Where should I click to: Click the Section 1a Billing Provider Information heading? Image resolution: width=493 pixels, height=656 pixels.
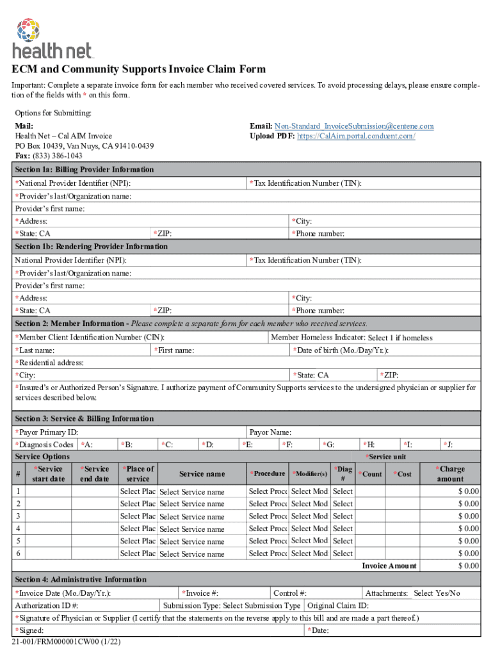(x=85, y=170)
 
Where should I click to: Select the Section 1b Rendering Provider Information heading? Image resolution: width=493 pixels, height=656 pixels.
(x=92, y=247)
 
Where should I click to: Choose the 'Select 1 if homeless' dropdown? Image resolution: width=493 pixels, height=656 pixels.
(x=400, y=338)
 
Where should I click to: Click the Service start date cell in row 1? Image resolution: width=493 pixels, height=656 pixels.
(x=49, y=491)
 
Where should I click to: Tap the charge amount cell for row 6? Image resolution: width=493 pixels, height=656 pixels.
(x=451, y=553)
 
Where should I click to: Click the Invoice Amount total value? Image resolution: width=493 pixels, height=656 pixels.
(x=451, y=566)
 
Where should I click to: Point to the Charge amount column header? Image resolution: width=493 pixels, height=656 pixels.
(x=451, y=474)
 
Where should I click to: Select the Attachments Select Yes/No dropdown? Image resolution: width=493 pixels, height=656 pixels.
(x=437, y=593)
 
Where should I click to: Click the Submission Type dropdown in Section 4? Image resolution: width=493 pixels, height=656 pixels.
(x=262, y=605)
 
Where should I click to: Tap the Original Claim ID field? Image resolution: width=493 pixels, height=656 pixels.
(x=423, y=605)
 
